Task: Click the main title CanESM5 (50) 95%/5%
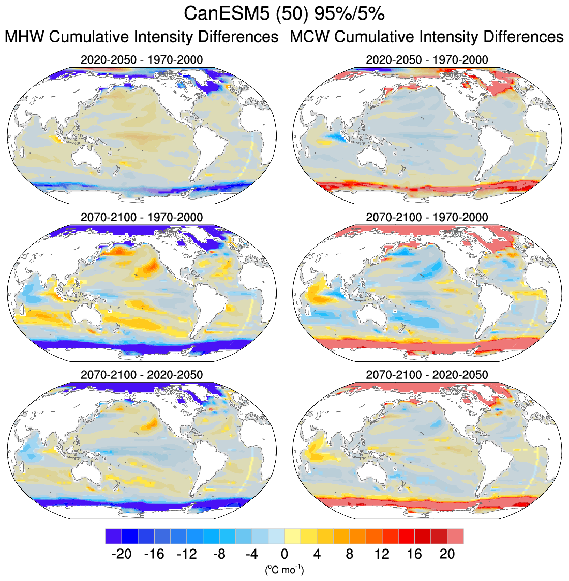(284, 14)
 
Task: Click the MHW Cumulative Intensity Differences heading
(141, 37)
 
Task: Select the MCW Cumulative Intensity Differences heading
(427, 37)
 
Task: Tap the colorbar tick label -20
(122, 554)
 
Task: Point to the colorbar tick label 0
(284, 554)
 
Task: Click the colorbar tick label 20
(447, 554)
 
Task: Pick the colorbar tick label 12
(382, 554)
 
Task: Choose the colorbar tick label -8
(219, 554)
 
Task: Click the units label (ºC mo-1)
(284, 570)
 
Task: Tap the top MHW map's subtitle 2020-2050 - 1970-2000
(141, 60)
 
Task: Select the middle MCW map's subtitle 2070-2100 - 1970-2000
(427, 217)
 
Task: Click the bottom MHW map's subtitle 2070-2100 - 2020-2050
(141, 374)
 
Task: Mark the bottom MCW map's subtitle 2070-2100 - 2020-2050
(427, 374)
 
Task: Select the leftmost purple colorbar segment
(113, 536)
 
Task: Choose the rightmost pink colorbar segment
(455, 536)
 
